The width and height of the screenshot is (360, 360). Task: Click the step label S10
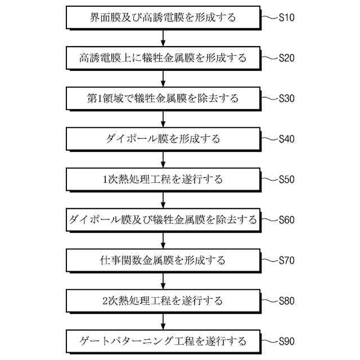coord(287,17)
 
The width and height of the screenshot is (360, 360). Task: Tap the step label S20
coord(287,58)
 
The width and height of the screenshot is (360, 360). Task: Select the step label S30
coord(287,98)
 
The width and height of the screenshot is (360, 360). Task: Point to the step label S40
coord(287,139)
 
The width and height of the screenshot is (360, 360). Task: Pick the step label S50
coord(287,179)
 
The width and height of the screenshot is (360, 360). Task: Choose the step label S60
coord(287,220)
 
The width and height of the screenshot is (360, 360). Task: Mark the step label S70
coord(287,260)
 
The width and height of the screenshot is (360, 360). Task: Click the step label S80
coord(287,301)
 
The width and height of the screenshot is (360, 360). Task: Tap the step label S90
coord(287,341)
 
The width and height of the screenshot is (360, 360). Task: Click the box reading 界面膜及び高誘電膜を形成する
coord(163,17)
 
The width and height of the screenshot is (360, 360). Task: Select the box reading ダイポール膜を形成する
coord(163,139)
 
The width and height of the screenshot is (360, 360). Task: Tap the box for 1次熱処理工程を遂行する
coord(163,179)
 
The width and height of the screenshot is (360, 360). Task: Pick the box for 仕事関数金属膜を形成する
coord(163,260)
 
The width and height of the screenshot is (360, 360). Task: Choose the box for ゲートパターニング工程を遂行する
coord(163,341)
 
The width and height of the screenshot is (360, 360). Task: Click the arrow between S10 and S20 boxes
coord(163,38)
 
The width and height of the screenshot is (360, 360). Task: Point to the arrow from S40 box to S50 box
coord(163,159)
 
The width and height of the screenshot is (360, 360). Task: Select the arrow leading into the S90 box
coord(163,321)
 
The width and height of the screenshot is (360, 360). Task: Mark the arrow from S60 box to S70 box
coord(163,240)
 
